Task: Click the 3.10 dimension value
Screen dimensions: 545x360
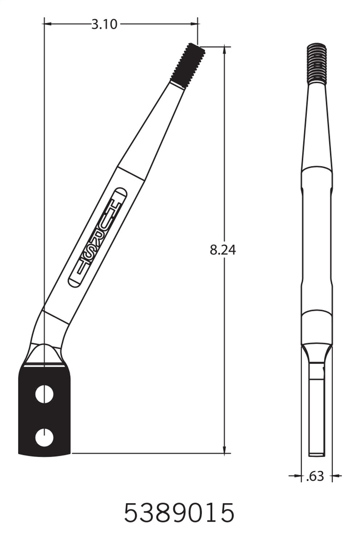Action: click(104, 24)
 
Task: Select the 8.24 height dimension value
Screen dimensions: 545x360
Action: click(223, 250)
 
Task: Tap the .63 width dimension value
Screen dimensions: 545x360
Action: click(315, 476)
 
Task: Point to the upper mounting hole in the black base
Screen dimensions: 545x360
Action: click(44, 394)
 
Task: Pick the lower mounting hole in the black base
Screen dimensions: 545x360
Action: click(44, 437)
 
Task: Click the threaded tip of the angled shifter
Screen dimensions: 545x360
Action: click(187, 64)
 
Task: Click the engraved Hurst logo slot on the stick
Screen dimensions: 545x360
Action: click(97, 238)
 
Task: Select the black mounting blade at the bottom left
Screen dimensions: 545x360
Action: click(44, 411)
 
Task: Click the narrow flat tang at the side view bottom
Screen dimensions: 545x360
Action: click(316, 418)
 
